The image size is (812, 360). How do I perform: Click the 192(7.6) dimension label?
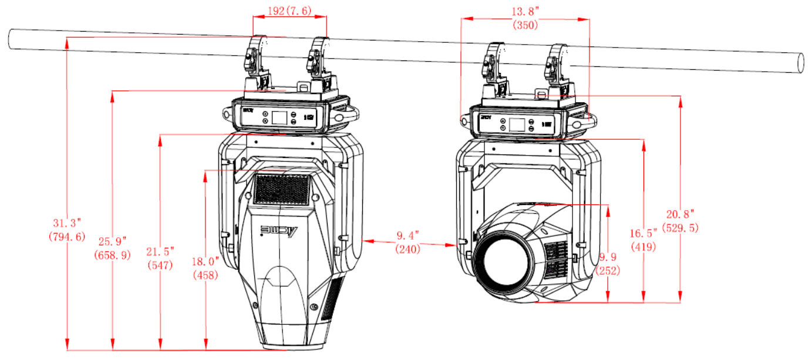[x=289, y=11]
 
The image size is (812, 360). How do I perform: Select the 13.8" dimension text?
[x=525, y=12]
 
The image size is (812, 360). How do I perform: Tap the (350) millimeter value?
[x=525, y=25]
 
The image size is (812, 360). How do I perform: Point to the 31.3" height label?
[x=67, y=223]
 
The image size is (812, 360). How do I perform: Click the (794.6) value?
[x=67, y=237]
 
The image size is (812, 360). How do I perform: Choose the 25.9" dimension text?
[x=112, y=241]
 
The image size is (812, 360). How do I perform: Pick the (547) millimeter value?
[x=160, y=265]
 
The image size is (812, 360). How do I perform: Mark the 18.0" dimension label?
[x=205, y=261]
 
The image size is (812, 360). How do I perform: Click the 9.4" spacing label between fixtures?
[x=408, y=235]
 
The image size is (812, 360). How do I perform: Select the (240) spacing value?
[x=408, y=249]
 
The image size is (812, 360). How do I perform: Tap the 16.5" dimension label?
[x=643, y=233]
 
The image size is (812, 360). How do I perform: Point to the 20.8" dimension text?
[x=680, y=214]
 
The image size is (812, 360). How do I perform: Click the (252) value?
[x=608, y=271]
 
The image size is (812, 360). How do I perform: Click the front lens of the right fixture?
[x=504, y=260]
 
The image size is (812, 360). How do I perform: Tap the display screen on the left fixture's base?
[x=279, y=118]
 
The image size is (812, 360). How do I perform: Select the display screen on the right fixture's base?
[x=517, y=125]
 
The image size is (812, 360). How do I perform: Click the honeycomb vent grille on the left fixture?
[x=282, y=189]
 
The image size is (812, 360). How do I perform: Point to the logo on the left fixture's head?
[x=279, y=231]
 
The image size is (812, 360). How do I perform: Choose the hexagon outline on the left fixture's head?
[x=280, y=276]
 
